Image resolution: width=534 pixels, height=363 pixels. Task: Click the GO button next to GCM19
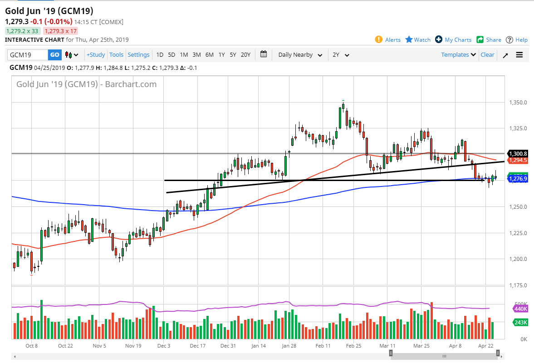pyautogui.click(x=54, y=55)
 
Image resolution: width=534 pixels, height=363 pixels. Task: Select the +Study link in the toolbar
pyautogui.click(x=96, y=55)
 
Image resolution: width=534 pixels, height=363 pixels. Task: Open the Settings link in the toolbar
pyautogui.click(x=138, y=55)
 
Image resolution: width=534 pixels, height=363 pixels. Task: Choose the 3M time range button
pyautogui.click(x=196, y=55)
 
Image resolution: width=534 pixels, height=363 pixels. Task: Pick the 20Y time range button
pyautogui.click(x=245, y=55)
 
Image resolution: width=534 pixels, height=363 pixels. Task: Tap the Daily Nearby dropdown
pyautogui.click(x=300, y=55)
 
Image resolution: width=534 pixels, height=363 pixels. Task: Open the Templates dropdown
pyautogui.click(x=458, y=55)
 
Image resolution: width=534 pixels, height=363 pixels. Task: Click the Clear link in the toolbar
pyautogui.click(x=487, y=55)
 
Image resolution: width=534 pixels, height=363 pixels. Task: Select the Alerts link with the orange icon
pyautogui.click(x=388, y=40)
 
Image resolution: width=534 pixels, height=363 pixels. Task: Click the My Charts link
pyautogui.click(x=453, y=40)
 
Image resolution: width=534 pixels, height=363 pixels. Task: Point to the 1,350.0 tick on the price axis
pyautogui.click(x=518, y=103)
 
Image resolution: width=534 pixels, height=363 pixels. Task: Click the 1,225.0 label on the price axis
pyautogui.click(x=518, y=233)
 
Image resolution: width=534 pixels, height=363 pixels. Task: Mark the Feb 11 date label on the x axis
pyautogui.click(x=323, y=346)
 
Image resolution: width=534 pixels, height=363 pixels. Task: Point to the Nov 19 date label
pyautogui.click(x=133, y=346)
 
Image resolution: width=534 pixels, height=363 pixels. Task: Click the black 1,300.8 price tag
pyautogui.click(x=518, y=154)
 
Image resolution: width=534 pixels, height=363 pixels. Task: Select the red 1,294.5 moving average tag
pyautogui.click(x=518, y=160)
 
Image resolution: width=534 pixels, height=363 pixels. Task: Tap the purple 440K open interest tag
pyautogui.click(x=520, y=309)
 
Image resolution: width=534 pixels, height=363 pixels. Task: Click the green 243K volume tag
pyautogui.click(x=520, y=323)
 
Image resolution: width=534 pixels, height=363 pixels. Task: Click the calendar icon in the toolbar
pyautogui.click(x=264, y=54)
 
